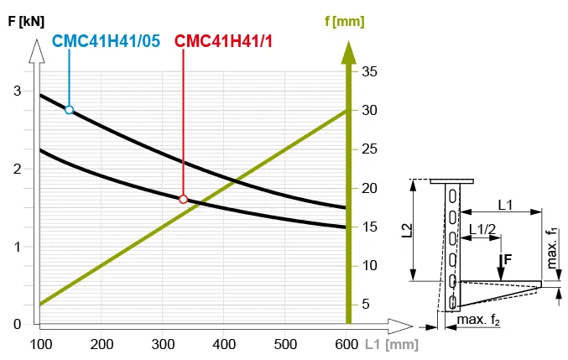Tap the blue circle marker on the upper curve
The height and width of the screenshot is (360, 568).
(69, 109)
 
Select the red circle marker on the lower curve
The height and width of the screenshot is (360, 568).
(183, 199)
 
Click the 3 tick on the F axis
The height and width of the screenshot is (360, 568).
(17, 91)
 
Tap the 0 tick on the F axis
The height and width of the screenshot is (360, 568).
(17, 324)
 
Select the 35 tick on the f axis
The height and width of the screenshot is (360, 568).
(369, 71)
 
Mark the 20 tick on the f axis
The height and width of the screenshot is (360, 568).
(369, 188)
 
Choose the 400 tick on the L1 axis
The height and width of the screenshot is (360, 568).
(224, 343)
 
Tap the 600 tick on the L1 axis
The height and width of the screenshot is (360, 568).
(347, 343)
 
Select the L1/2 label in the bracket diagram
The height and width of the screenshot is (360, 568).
(482, 228)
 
